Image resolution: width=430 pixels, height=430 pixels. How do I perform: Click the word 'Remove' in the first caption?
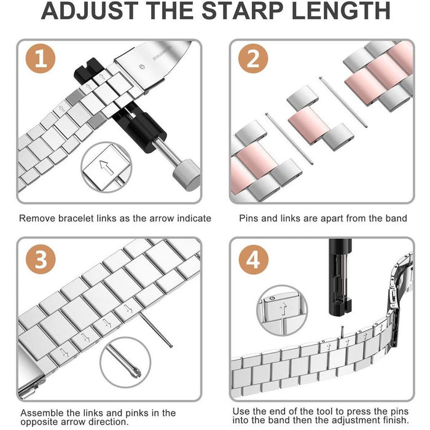(x=36, y=218)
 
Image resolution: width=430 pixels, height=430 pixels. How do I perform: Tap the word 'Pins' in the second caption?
(x=250, y=218)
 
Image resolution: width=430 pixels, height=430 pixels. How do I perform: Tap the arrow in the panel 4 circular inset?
(x=281, y=308)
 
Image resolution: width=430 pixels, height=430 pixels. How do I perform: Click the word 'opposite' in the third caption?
(x=41, y=423)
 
